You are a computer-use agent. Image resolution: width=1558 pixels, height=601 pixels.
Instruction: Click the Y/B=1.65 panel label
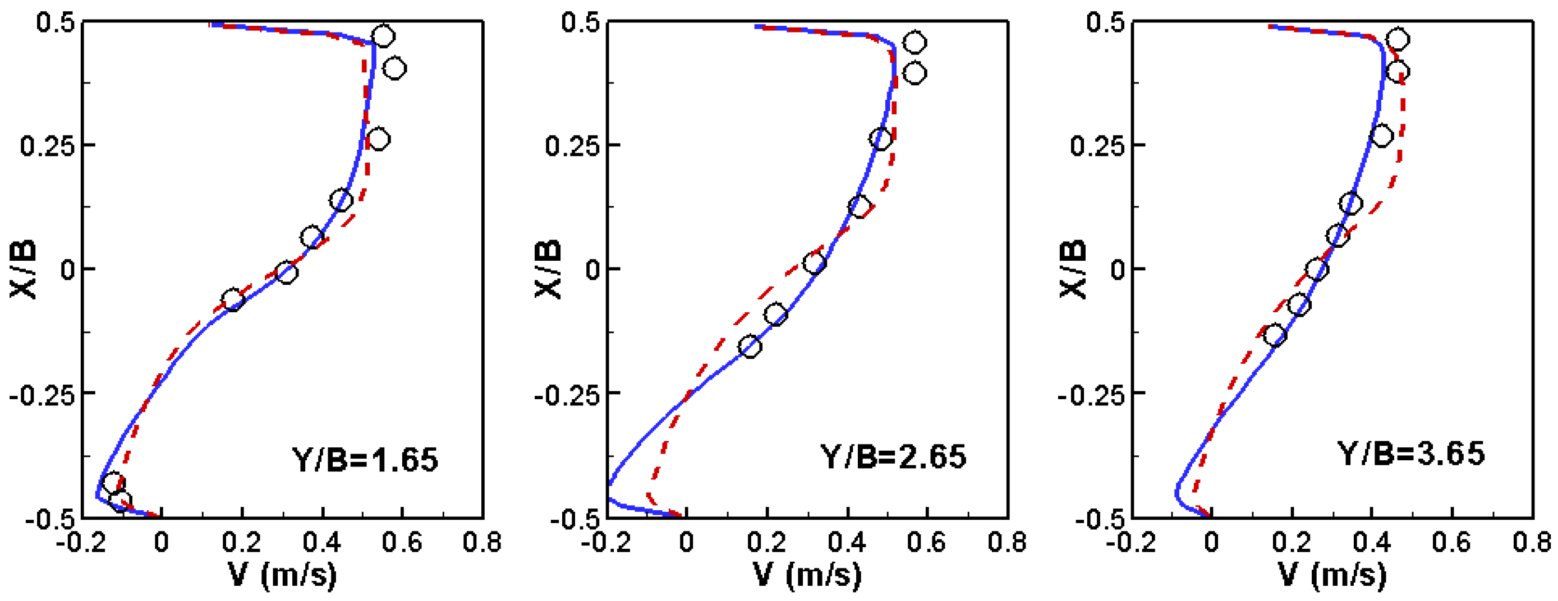(x=365, y=460)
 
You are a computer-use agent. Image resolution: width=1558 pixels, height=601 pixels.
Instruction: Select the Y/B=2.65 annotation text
(x=893, y=456)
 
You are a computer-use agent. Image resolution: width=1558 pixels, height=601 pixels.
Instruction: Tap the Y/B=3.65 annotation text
(x=1410, y=454)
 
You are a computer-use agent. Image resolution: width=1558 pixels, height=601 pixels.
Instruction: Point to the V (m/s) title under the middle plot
(x=807, y=575)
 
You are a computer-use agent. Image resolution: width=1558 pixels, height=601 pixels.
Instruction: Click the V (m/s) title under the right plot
(x=1332, y=575)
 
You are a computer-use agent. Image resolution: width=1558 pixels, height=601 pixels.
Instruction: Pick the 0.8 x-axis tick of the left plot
(x=482, y=542)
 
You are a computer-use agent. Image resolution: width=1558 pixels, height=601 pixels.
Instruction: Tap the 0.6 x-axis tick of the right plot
(x=1451, y=542)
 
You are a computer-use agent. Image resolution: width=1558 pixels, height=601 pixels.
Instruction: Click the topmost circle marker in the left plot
(x=383, y=36)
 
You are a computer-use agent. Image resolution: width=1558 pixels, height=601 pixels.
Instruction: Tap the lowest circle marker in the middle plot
(x=750, y=346)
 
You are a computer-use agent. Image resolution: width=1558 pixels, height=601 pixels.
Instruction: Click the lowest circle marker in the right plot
(x=1275, y=334)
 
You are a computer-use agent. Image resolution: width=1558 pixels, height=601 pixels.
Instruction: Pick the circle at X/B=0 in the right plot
(x=1317, y=269)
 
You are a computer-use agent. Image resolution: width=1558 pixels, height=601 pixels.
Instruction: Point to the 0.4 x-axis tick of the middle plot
(x=847, y=542)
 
